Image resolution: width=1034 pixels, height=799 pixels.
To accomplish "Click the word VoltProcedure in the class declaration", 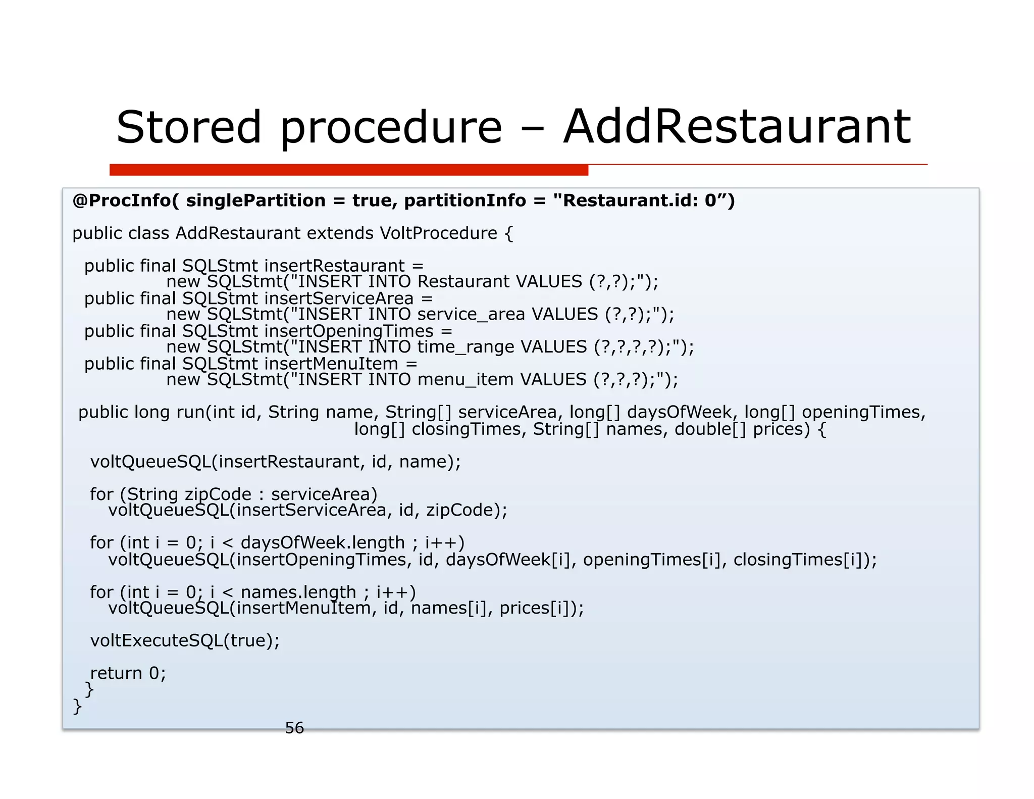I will coord(438,233).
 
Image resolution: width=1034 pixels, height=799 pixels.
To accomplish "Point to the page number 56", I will coord(294,728).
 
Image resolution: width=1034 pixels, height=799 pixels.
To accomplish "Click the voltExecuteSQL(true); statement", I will coord(185,640).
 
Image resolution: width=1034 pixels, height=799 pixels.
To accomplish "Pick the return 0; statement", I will coord(128,673).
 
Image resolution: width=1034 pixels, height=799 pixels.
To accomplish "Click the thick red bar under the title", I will coord(348,170).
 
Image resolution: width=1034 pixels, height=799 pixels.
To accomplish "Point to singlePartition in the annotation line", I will coord(255,201).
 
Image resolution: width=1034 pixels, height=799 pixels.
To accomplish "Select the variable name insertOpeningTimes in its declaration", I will coord(349,331).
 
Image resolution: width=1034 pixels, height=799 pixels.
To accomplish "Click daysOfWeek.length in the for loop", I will coord(323,542).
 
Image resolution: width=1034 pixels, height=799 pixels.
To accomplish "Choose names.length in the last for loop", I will coord(298,592).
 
